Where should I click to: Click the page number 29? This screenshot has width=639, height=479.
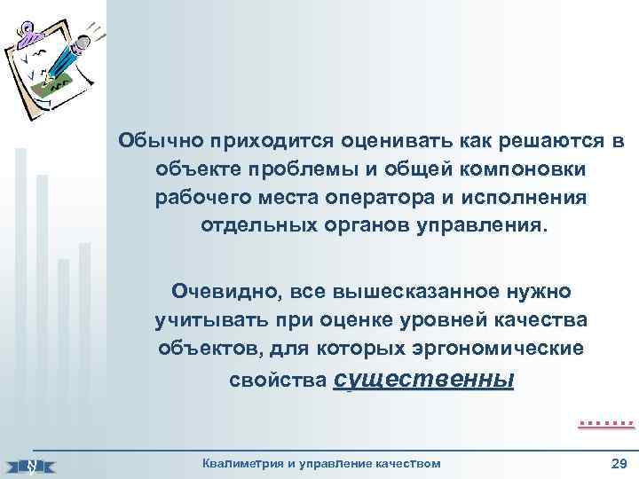[619, 463]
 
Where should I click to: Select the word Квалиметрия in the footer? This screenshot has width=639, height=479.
[244, 463]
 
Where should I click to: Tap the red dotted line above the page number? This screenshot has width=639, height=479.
[606, 425]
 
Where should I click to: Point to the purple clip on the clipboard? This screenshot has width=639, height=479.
[30, 33]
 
